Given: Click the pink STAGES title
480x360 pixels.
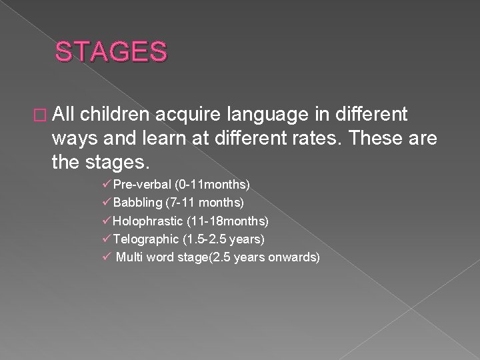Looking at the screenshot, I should tap(112, 51).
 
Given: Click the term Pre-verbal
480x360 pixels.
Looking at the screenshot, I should tap(142, 183).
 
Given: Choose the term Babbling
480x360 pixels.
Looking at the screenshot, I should tap(139, 201).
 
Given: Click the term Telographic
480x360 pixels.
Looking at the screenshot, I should tap(147, 238).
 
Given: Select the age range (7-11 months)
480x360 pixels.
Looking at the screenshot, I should tap(207, 201).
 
